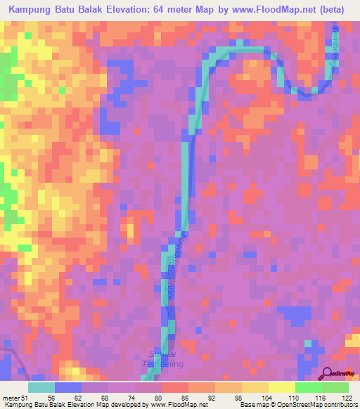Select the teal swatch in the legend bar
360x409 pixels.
point(41,387)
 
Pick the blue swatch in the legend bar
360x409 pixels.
point(67,387)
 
